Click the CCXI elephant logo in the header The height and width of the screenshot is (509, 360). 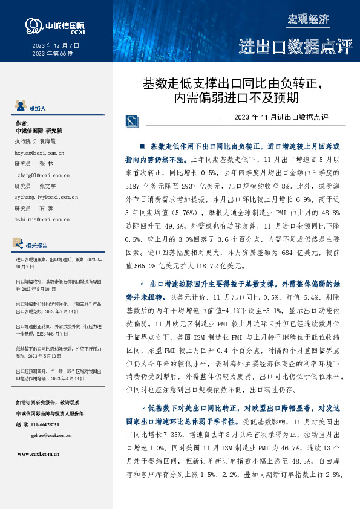click(31, 25)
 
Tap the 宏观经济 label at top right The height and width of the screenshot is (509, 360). click(308, 19)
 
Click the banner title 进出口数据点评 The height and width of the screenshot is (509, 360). click(295, 46)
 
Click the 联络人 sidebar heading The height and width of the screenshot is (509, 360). click(38, 108)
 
